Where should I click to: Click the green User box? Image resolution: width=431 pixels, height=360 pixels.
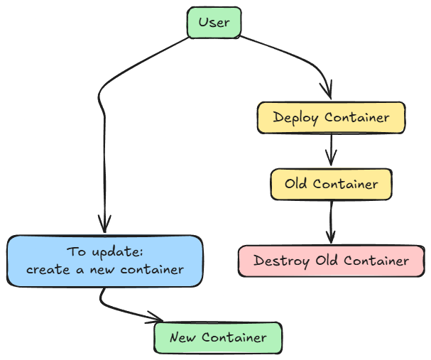(x=214, y=22)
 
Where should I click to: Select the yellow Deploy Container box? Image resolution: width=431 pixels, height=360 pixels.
(x=331, y=117)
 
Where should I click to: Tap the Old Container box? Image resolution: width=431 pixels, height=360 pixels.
(x=331, y=184)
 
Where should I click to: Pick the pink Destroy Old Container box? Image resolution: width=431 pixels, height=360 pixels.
(x=331, y=261)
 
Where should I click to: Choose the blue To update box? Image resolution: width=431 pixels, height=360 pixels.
(x=105, y=261)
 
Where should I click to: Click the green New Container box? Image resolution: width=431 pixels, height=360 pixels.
(x=218, y=338)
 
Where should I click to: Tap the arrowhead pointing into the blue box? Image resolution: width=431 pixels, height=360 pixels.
(x=105, y=227)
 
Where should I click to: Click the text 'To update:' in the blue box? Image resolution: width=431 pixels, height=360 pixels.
(x=105, y=252)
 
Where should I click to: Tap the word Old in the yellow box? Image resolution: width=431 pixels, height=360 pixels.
(x=295, y=184)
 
